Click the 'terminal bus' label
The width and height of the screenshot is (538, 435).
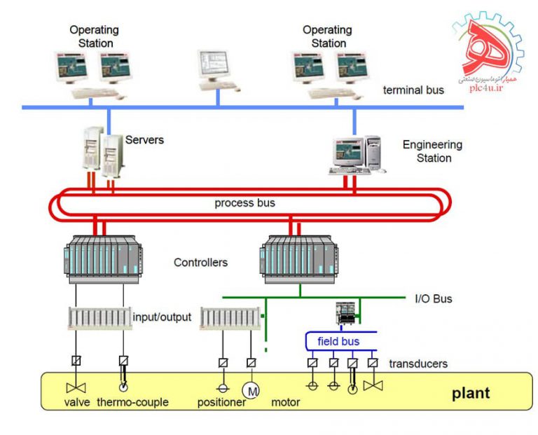(x=413, y=90)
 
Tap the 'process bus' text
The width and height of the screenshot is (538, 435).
(x=244, y=203)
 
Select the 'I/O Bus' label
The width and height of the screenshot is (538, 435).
(x=433, y=298)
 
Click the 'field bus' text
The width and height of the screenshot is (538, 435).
(x=338, y=341)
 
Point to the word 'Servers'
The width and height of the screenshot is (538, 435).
(x=144, y=140)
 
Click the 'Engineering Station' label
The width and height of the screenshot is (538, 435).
(x=432, y=151)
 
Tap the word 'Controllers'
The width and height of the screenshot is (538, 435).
(x=200, y=263)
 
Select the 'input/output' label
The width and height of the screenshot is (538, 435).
(x=162, y=317)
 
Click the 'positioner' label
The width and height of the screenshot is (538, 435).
(x=221, y=403)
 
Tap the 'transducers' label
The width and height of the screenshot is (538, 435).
(x=419, y=363)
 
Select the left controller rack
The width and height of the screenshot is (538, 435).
(x=103, y=256)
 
